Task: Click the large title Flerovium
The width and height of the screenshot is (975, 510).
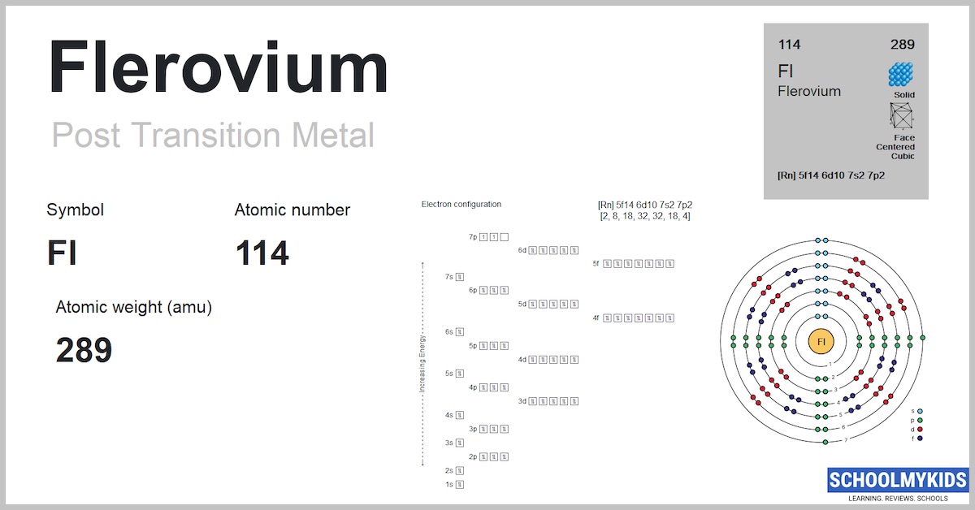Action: pyautogui.click(x=218, y=68)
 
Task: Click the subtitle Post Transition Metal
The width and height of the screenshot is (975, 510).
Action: pyautogui.click(x=213, y=135)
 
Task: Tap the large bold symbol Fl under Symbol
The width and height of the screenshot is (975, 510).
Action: pyautogui.click(x=62, y=254)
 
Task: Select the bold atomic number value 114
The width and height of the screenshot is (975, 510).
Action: pyautogui.click(x=262, y=254)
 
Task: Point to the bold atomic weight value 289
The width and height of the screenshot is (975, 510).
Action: pyautogui.click(x=84, y=351)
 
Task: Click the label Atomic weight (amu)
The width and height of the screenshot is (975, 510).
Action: pyautogui.click(x=133, y=308)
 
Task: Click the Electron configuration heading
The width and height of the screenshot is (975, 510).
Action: pyautogui.click(x=461, y=204)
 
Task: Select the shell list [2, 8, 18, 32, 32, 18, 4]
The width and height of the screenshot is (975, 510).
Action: pyautogui.click(x=645, y=216)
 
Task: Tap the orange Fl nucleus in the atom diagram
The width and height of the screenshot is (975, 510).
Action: pyautogui.click(x=821, y=341)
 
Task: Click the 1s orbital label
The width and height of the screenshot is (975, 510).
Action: pyautogui.click(x=449, y=485)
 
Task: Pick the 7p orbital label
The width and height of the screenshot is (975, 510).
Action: pyautogui.click(x=472, y=237)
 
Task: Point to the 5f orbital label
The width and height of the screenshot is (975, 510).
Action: pyautogui.click(x=596, y=263)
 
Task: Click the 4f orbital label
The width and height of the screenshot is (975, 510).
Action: pyautogui.click(x=596, y=318)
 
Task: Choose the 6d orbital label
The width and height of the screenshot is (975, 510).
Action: pyautogui.click(x=522, y=250)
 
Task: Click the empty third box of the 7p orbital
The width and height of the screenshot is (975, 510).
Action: pyautogui.click(x=505, y=237)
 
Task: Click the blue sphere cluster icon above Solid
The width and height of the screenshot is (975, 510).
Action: pyautogui.click(x=900, y=75)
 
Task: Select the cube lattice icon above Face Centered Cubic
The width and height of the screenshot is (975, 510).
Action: pyautogui.click(x=902, y=118)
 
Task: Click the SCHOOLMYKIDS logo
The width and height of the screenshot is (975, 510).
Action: pyautogui.click(x=897, y=481)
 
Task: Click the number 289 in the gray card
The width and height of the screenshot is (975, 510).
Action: pyautogui.click(x=902, y=45)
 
